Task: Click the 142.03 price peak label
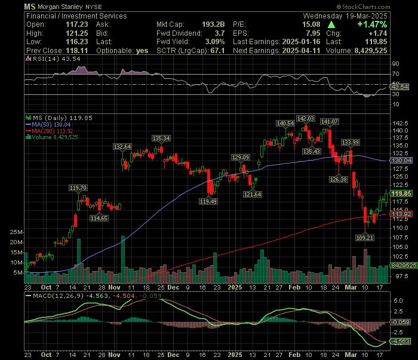click(306, 118)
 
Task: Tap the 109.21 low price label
click(365, 238)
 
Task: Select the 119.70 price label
click(78, 188)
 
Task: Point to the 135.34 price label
click(161, 139)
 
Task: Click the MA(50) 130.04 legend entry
click(48, 124)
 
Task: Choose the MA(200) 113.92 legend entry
click(50, 131)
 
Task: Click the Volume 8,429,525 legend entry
click(52, 137)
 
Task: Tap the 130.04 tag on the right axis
click(401, 161)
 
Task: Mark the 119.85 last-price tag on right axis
click(401, 193)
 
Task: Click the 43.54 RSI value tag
click(399, 87)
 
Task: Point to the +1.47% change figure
click(372, 24)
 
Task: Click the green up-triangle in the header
click(331, 25)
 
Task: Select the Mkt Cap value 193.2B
click(213, 24)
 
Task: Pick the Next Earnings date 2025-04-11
click(301, 50)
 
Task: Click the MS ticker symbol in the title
click(30, 7)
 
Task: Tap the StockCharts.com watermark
click(363, 7)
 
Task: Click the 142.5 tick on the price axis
click(401, 124)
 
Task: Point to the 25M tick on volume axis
click(16, 232)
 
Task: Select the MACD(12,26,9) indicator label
click(58, 296)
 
